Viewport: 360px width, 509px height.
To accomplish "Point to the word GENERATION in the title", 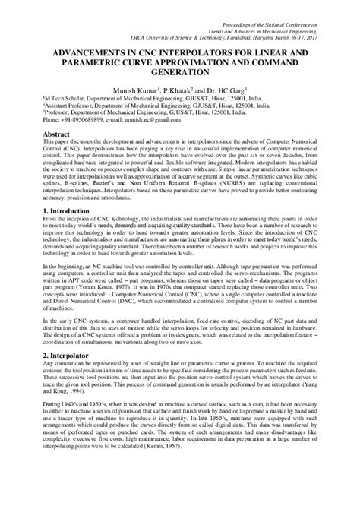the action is [179, 73].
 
